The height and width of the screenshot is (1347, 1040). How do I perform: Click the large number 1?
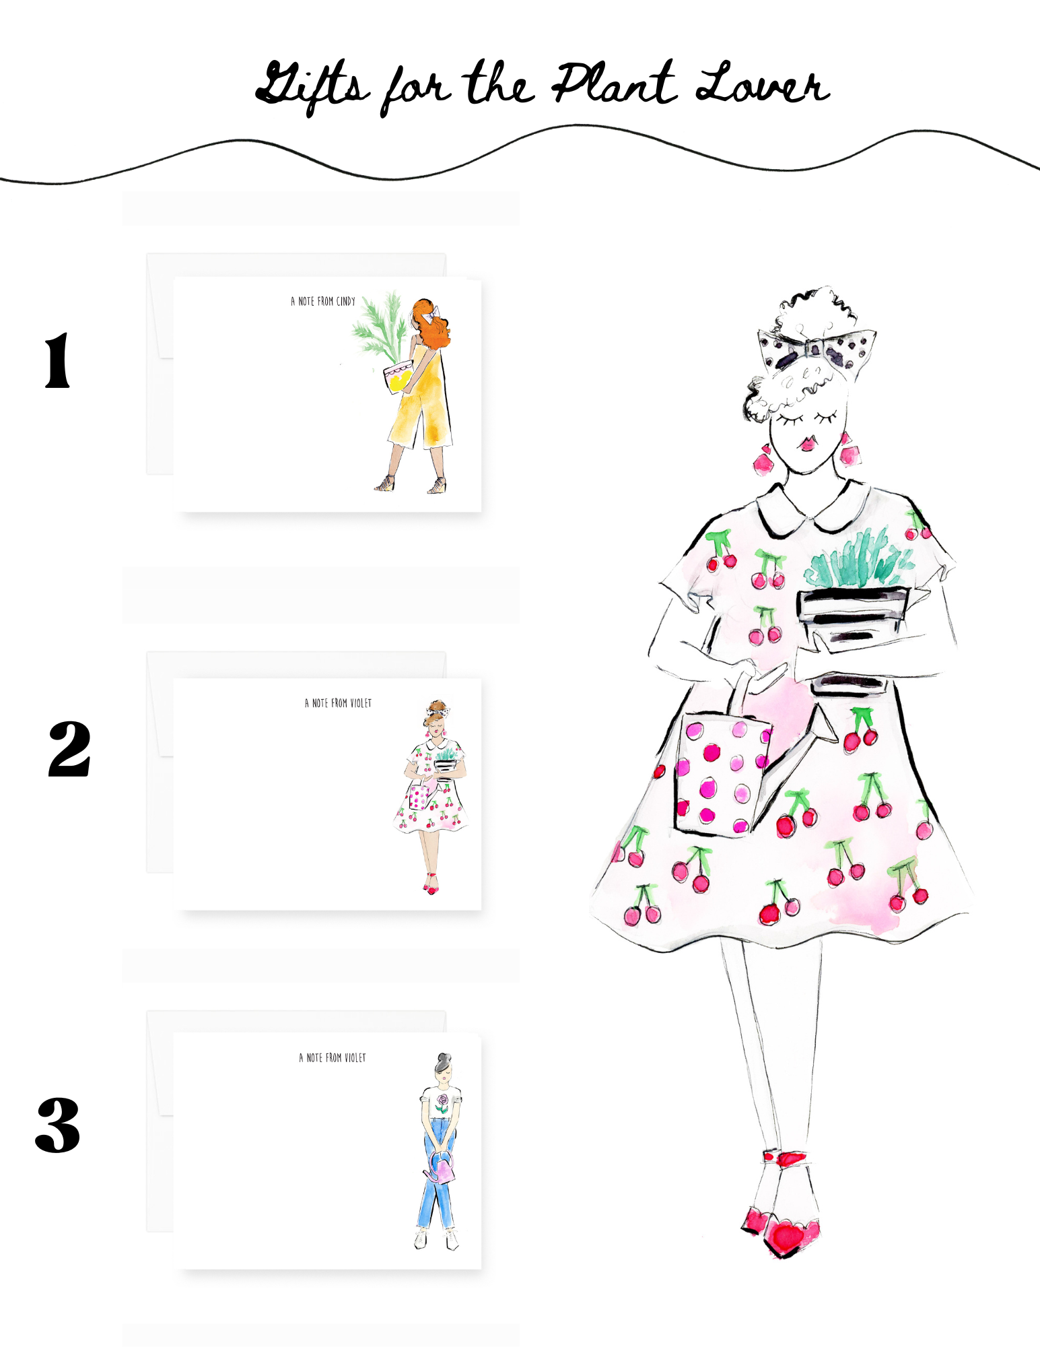click(x=57, y=361)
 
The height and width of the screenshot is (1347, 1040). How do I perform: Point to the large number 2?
click(x=69, y=749)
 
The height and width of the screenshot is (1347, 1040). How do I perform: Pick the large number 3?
click(x=58, y=1124)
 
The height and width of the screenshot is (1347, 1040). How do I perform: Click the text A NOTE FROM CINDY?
click(x=323, y=301)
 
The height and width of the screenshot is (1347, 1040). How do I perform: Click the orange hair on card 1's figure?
click(x=431, y=323)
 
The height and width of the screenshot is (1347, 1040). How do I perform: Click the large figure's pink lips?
click(x=807, y=443)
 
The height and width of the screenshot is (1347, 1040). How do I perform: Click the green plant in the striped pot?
click(x=858, y=558)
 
